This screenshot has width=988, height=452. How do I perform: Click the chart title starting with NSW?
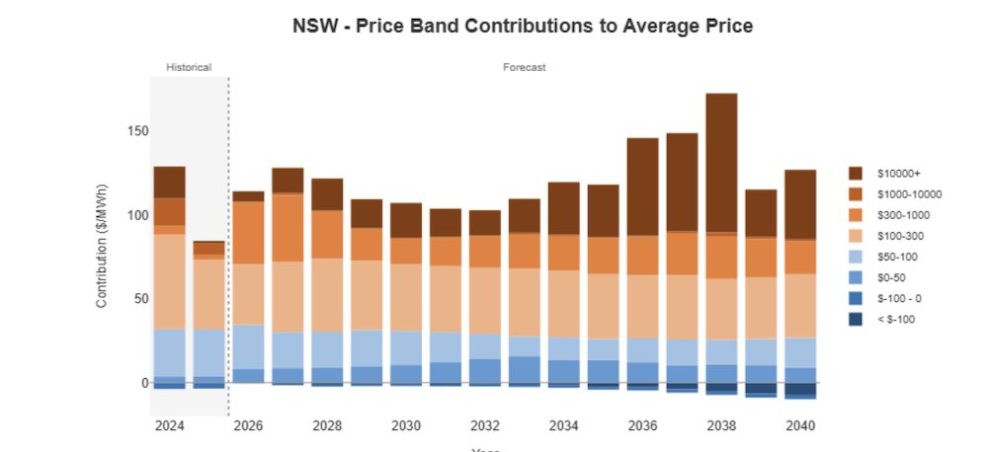pyautogui.click(x=523, y=27)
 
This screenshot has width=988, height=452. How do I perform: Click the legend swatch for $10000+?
pyautogui.click(x=856, y=173)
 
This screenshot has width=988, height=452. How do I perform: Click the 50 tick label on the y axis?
pyautogui.click(x=140, y=298)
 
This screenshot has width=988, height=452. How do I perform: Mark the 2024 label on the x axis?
pyautogui.click(x=169, y=425)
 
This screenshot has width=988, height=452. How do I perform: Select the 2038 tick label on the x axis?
pyautogui.click(x=721, y=425)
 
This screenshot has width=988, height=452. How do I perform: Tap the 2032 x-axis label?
pyautogui.click(x=484, y=425)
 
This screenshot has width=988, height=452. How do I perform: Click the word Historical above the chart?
pyautogui.click(x=188, y=67)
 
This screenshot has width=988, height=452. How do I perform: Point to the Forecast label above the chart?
pyautogui.click(x=524, y=67)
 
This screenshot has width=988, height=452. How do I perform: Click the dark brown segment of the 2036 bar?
pyautogui.click(x=642, y=187)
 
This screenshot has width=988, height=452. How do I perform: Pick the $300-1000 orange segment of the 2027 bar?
pyautogui.click(x=288, y=228)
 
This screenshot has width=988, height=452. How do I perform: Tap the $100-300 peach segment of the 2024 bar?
pyautogui.click(x=169, y=281)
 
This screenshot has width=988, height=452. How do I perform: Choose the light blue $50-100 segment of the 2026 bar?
pyautogui.click(x=248, y=346)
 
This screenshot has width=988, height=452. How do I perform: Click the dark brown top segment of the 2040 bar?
pyautogui.click(x=800, y=204)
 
